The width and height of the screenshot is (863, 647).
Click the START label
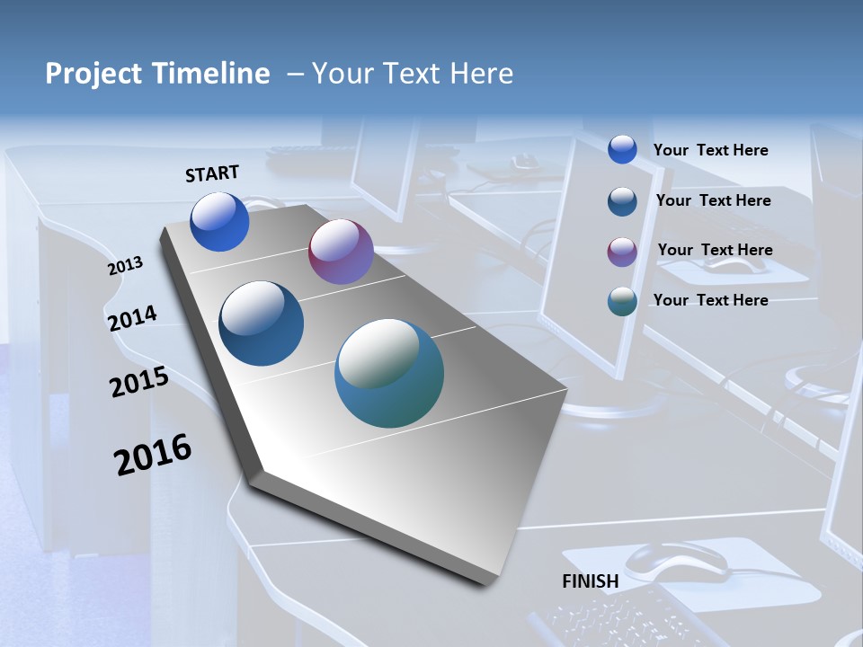[212, 173]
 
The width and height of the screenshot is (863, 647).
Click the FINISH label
[591, 581]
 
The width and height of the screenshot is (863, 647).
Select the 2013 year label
[126, 265]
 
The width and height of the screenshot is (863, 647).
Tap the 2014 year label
[133, 318]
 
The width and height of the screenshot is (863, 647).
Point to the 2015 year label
[139, 383]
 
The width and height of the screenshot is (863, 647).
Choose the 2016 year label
[153, 454]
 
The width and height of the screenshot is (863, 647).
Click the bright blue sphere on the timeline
[219, 221]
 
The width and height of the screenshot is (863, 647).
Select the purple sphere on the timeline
[341, 252]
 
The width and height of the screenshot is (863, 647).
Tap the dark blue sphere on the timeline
[262, 323]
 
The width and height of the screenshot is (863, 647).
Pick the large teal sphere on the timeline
[389, 373]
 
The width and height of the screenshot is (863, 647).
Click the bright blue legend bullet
[622, 149]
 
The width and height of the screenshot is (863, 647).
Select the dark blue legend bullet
[622, 200]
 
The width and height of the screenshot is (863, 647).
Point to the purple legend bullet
[622, 251]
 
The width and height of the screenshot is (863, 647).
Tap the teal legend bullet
[622, 301]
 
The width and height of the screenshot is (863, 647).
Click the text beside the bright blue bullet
[710, 150]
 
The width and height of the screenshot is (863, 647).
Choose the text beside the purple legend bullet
[715, 250]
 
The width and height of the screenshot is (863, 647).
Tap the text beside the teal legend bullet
[710, 300]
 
